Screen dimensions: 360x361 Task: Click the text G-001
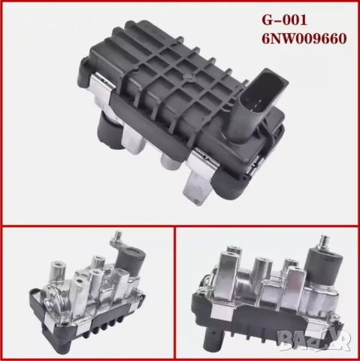[284, 20]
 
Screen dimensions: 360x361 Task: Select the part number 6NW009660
[304, 39]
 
